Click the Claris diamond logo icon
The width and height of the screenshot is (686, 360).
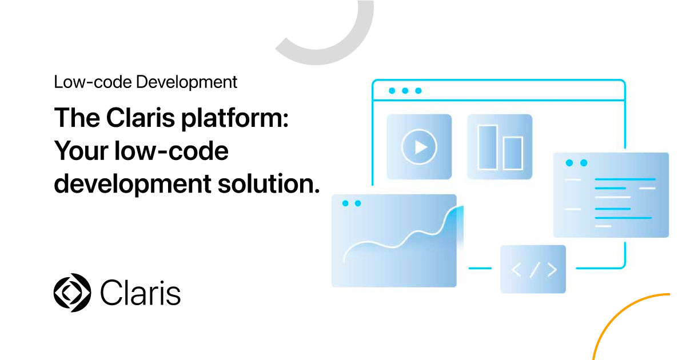72,293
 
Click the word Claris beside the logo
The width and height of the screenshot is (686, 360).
141,293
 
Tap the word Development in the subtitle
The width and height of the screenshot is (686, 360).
186,82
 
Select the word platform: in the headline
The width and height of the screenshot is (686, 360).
235,119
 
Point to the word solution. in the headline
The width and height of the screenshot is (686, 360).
269,184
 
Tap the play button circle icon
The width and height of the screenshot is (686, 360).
419,147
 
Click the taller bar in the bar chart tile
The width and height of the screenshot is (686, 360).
488,147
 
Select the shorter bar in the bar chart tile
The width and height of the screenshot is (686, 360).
513,153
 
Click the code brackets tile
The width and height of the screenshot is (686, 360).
533,269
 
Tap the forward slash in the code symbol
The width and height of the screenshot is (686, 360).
535,270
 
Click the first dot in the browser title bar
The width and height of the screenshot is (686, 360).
392,91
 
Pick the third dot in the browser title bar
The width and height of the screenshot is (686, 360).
418,91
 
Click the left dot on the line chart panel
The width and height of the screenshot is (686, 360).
345,203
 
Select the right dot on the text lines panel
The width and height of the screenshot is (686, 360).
584,163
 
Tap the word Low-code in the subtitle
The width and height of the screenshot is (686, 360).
93,82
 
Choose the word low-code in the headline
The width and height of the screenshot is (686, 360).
171,151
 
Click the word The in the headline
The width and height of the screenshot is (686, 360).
77,118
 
